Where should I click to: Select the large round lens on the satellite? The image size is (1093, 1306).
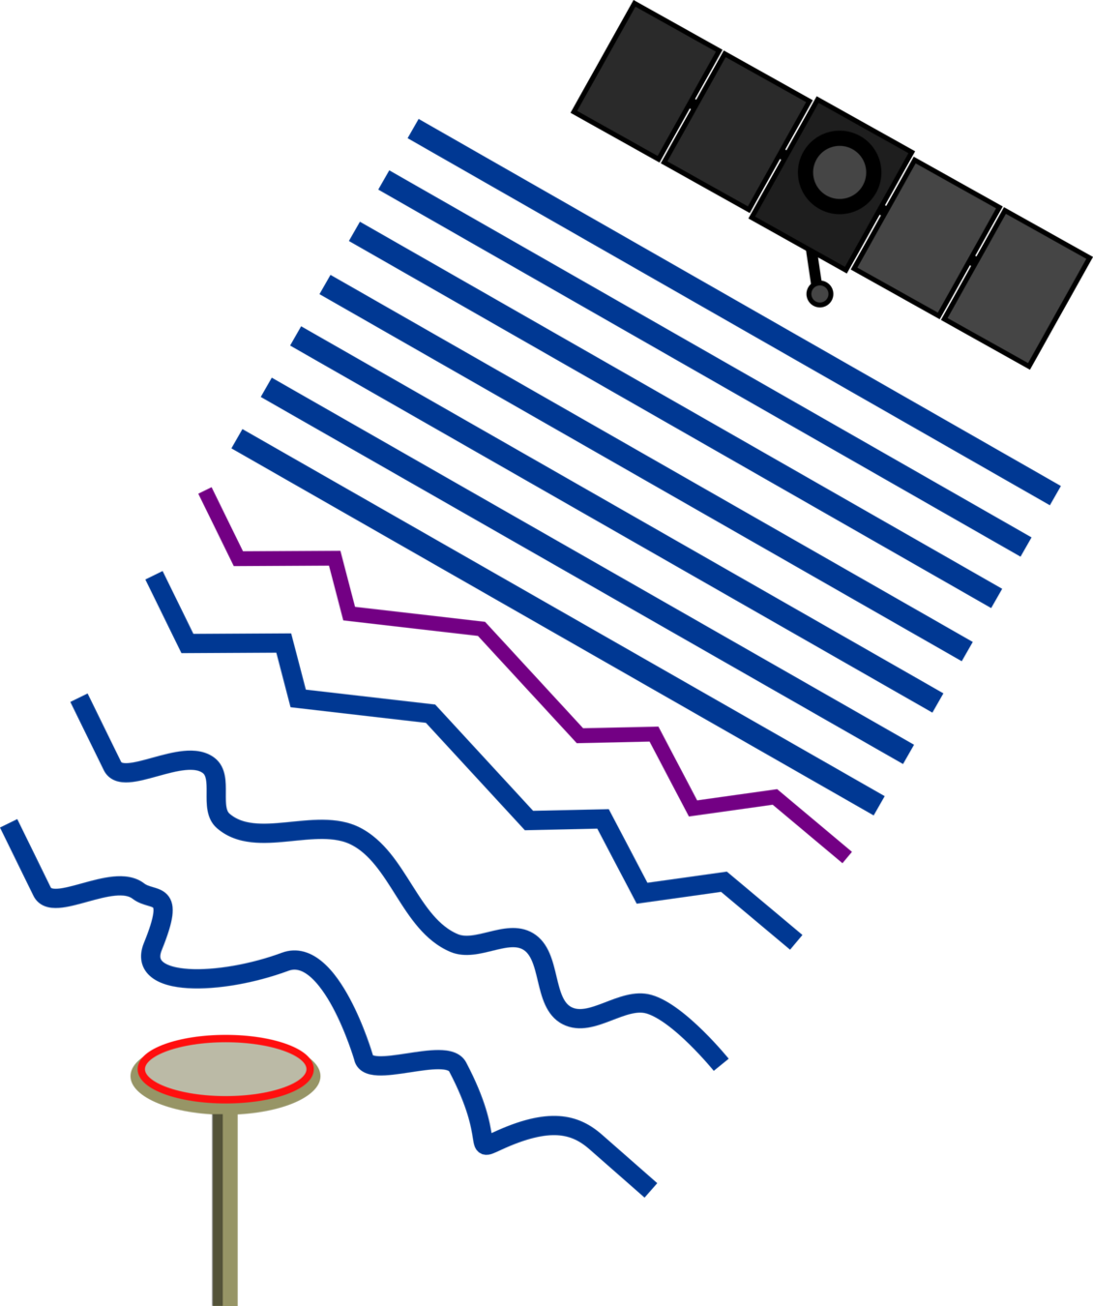pos(839,170)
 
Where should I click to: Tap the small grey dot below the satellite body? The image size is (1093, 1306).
pos(819,293)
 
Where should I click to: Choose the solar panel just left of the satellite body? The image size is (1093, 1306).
pos(737,129)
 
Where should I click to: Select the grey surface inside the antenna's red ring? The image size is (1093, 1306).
pos(226,1069)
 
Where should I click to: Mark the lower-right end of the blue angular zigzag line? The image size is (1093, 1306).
pos(796,941)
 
